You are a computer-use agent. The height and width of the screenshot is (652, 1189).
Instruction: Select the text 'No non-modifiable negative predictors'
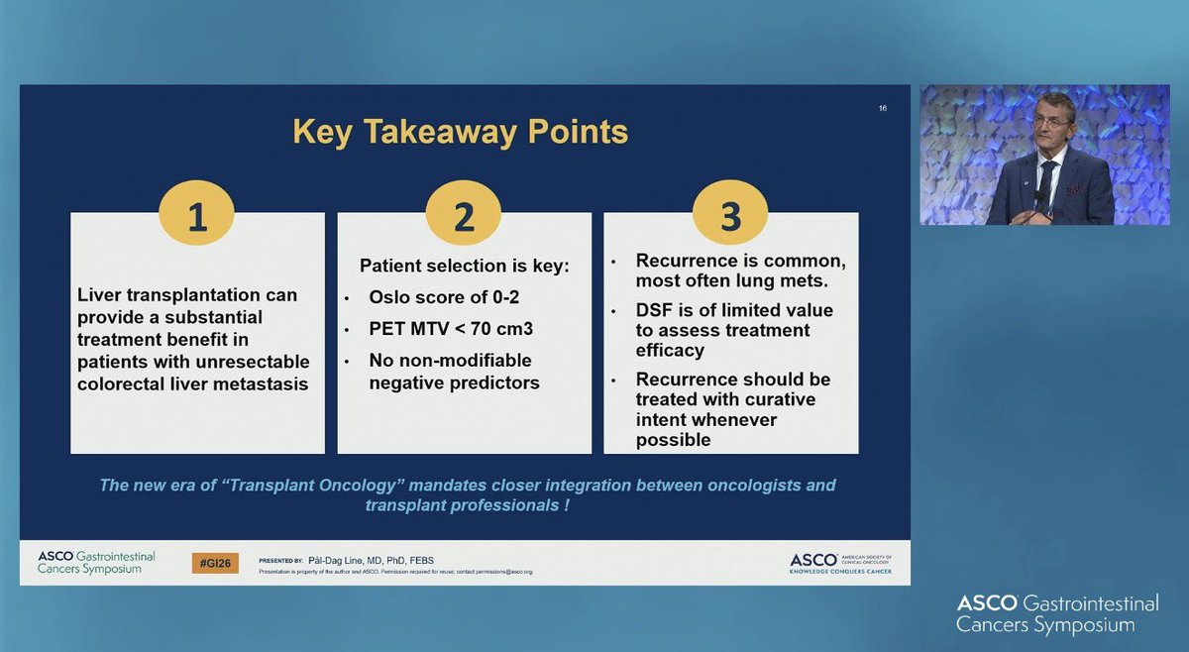click(454, 371)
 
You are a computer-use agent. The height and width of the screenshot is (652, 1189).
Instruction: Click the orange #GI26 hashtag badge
click(215, 563)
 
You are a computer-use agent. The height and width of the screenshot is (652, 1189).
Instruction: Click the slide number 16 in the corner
click(882, 108)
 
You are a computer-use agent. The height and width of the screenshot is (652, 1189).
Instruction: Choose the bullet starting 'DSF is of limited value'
click(733, 330)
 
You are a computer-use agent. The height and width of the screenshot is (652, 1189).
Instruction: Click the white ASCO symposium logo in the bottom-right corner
click(1045, 613)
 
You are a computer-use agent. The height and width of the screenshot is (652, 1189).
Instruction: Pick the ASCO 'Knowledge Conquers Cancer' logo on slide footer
click(840, 562)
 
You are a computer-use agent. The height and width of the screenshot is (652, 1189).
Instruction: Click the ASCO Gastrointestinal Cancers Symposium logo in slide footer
click(96, 563)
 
